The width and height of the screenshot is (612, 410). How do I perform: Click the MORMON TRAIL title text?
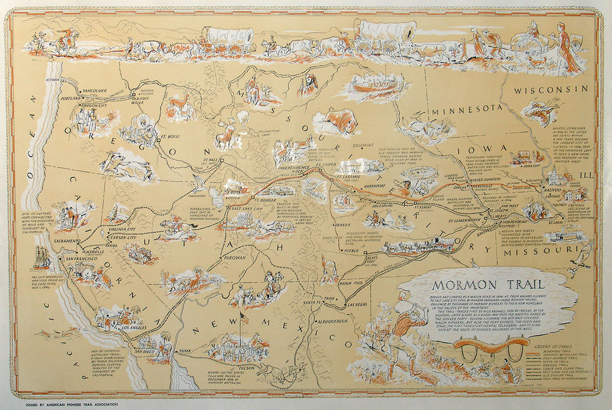tap(469, 279)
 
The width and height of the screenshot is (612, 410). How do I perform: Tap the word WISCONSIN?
tap(549, 89)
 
